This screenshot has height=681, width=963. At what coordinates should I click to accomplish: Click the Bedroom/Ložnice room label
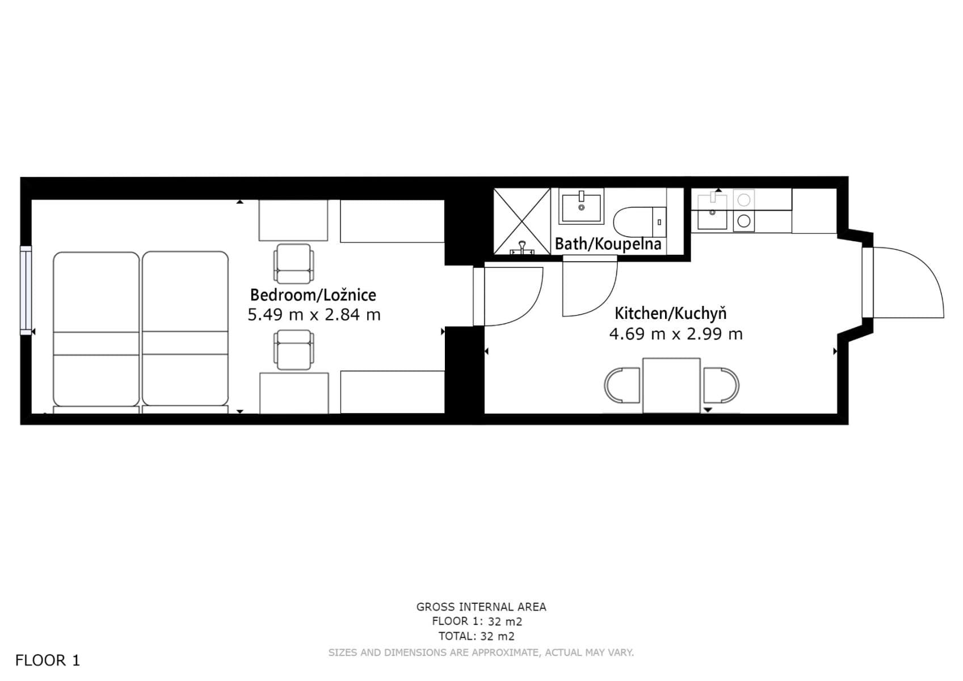click(x=313, y=295)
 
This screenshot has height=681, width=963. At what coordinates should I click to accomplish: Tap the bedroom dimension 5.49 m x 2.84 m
click(x=314, y=314)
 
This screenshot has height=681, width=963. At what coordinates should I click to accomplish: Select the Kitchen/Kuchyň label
click(x=670, y=313)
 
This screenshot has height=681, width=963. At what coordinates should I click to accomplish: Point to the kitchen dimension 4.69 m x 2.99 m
click(x=675, y=334)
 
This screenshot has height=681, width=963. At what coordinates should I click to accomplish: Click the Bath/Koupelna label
click(x=608, y=244)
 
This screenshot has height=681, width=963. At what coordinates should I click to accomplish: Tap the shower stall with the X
click(x=522, y=221)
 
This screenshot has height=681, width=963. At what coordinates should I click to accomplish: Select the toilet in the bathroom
click(x=638, y=222)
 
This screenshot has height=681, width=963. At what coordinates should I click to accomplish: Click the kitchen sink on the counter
click(x=712, y=212)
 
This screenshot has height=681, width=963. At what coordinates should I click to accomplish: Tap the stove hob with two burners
click(x=744, y=211)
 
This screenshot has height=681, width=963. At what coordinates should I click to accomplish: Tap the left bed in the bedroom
click(x=96, y=329)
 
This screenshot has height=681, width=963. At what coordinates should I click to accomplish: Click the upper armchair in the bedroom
click(x=293, y=263)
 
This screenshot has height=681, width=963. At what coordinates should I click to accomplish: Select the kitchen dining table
click(x=671, y=385)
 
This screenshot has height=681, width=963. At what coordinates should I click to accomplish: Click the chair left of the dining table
click(x=623, y=385)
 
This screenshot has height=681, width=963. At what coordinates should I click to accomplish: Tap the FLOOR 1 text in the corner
click(x=48, y=661)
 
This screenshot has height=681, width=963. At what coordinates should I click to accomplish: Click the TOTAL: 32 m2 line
click(x=476, y=636)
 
